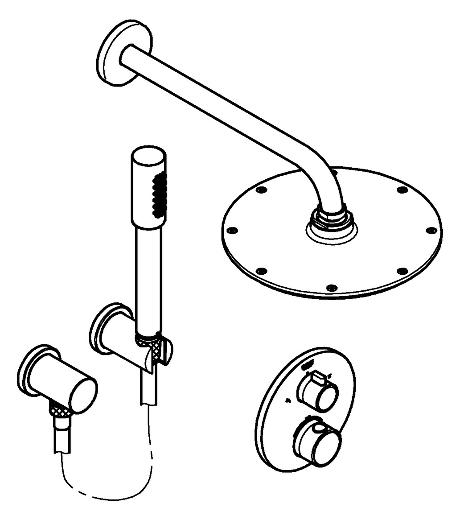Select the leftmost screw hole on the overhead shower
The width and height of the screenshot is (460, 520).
coord(231,231)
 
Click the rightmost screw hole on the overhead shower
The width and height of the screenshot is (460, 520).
coord(431,230)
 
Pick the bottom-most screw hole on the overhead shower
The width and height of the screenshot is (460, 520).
coord(330,287)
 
